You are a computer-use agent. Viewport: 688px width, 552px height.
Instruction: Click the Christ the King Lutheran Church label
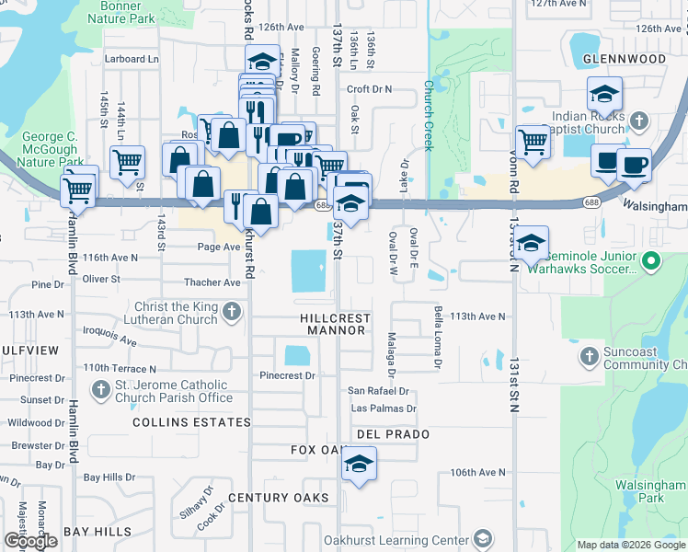coord(163,313)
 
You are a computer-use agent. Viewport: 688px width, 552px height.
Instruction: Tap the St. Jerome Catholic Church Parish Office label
coord(173,391)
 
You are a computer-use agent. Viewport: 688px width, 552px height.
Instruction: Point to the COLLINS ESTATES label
coord(191,422)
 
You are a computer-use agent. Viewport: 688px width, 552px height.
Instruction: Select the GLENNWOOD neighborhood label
coord(624,59)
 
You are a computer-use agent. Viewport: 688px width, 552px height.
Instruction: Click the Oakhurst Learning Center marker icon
coord(482,539)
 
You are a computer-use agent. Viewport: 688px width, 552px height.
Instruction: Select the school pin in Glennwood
coord(604,94)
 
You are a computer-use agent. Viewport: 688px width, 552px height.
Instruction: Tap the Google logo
coord(30,541)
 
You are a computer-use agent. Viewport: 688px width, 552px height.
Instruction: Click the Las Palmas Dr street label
coord(384,408)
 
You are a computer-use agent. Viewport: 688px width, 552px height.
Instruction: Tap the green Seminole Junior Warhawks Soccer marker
coord(652,262)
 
